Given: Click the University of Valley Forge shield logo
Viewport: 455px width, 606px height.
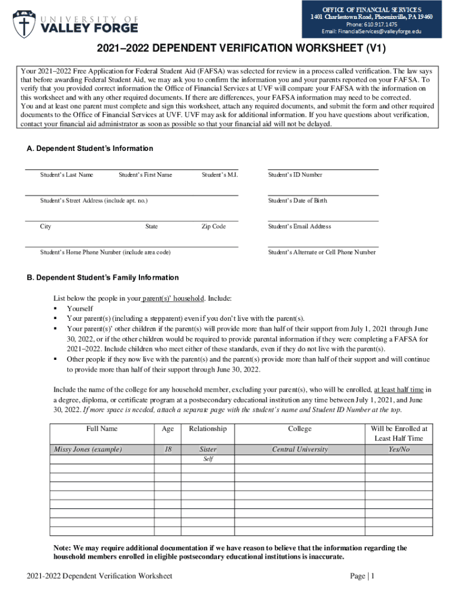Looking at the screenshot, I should click(x=24, y=22).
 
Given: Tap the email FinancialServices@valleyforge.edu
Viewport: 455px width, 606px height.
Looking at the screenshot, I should click(x=372, y=31).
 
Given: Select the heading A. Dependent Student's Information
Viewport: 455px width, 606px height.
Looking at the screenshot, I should click(x=90, y=149).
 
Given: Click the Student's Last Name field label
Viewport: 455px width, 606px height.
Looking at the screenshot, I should click(x=66, y=175).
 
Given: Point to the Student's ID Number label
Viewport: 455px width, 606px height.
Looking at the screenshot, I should click(x=295, y=175).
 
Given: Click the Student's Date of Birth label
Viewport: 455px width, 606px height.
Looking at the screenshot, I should click(x=297, y=201).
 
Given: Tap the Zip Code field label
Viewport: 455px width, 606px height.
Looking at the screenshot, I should click(x=213, y=227).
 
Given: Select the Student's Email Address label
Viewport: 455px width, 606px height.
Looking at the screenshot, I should click(x=300, y=227).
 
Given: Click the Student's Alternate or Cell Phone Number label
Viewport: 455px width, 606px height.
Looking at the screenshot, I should click(x=321, y=252).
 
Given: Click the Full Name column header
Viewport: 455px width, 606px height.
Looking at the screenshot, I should click(x=102, y=428).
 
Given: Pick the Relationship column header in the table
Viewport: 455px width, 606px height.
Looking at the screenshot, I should click(x=207, y=428).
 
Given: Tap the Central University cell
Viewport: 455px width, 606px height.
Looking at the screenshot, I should click(x=300, y=449).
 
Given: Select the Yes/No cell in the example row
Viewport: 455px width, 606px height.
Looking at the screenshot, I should click(x=398, y=449).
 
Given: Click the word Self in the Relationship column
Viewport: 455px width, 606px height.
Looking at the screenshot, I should click(x=208, y=459).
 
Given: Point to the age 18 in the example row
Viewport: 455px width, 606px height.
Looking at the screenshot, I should click(x=168, y=449).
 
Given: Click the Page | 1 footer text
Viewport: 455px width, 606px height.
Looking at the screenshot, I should click(x=362, y=576).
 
